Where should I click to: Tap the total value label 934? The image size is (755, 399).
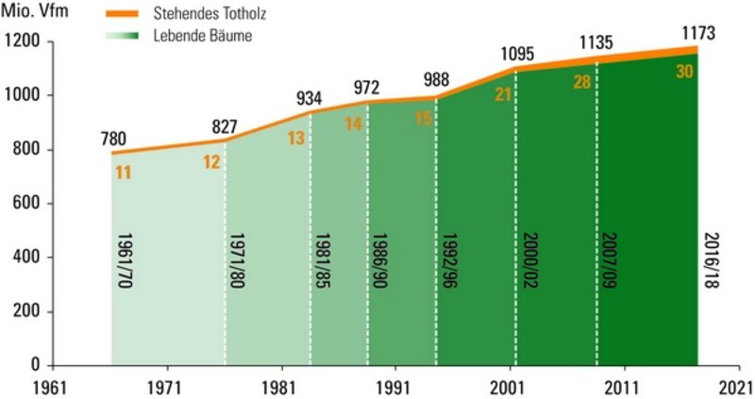point(310,97)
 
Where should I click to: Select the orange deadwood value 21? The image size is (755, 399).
point(503,92)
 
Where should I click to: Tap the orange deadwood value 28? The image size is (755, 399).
point(581,82)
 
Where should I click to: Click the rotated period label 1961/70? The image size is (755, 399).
point(126,260)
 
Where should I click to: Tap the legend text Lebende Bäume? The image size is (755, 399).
point(202,36)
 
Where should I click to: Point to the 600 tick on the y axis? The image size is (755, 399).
point(25,204)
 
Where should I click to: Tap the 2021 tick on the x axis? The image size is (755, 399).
point(734,387)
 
